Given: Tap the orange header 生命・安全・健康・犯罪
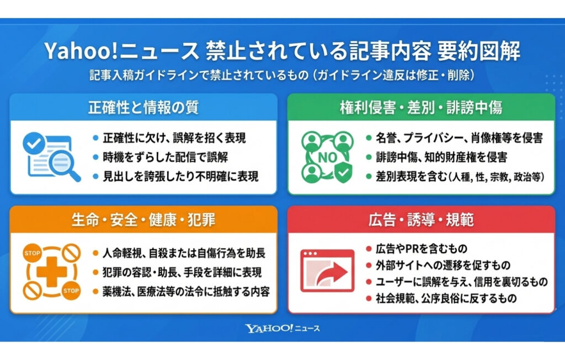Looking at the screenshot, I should [x=143, y=219].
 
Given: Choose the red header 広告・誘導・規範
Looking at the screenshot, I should [x=421, y=219].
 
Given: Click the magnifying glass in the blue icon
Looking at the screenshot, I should [x=56, y=163].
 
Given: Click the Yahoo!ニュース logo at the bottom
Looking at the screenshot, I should [x=282, y=329].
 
